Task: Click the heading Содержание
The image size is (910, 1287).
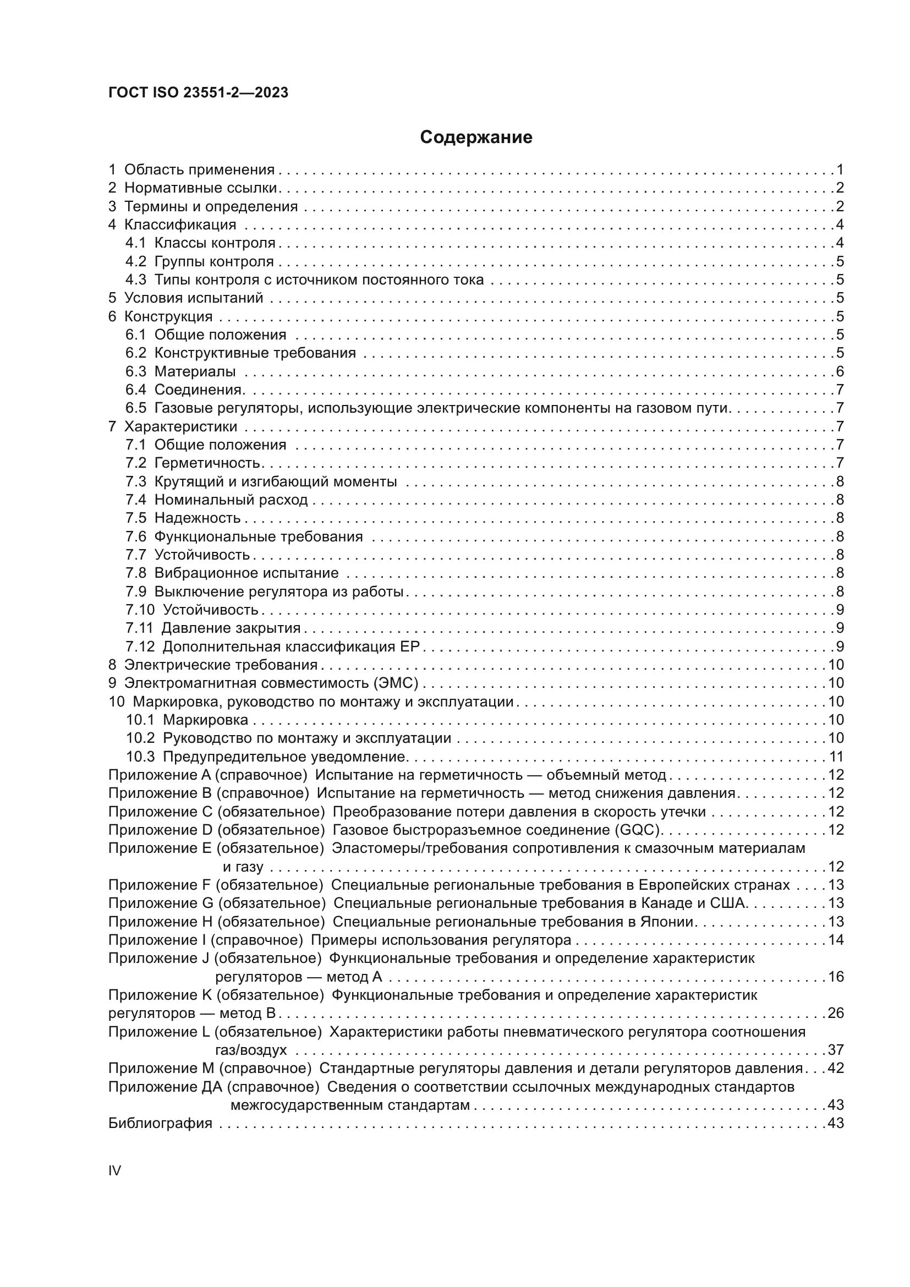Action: tap(476, 138)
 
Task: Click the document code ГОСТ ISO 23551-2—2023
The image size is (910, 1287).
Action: tap(198, 93)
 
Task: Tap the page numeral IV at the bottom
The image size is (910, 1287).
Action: tap(114, 1170)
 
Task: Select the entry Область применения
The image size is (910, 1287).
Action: tap(199, 169)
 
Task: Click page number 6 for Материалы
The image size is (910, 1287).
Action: tap(840, 371)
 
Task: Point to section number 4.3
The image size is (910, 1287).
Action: tap(135, 279)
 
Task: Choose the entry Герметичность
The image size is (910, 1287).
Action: tap(207, 463)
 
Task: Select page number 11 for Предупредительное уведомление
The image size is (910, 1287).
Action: tap(836, 757)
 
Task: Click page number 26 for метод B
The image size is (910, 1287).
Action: tap(836, 1013)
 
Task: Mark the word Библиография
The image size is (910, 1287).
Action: tap(160, 1124)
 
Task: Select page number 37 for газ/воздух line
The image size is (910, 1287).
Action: tap(836, 1049)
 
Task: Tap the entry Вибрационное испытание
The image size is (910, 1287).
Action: tap(246, 573)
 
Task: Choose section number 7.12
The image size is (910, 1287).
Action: tap(140, 647)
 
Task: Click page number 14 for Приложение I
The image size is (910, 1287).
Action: tap(836, 939)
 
